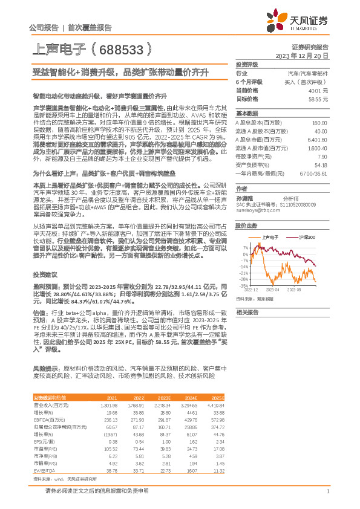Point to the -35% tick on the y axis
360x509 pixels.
243,286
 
